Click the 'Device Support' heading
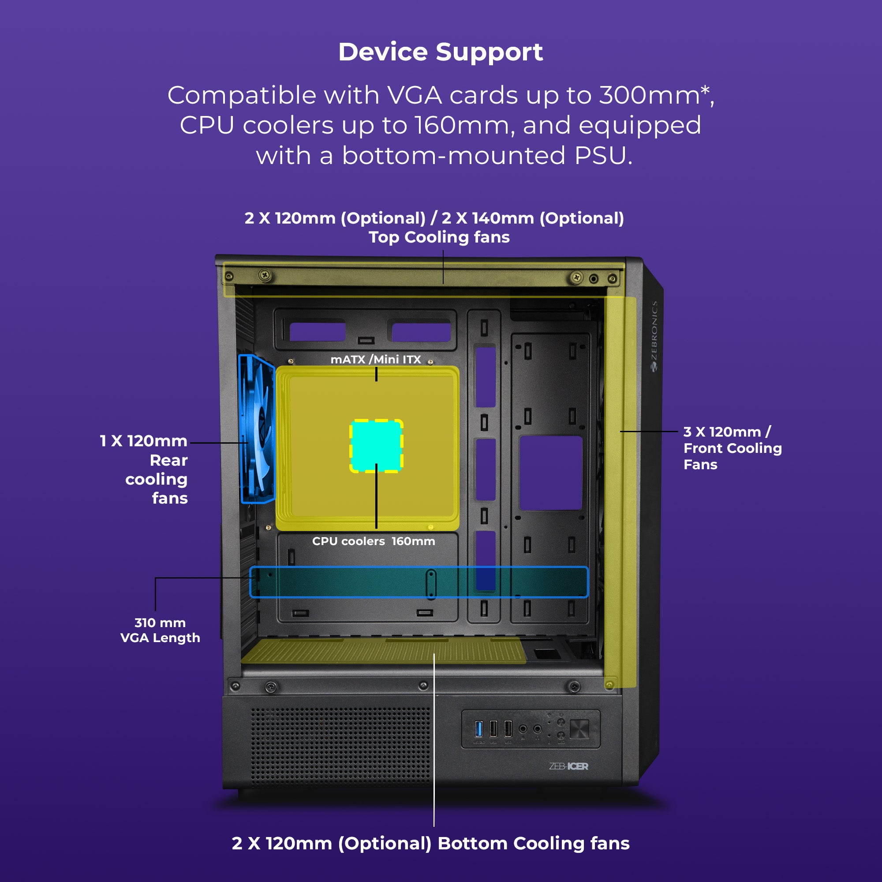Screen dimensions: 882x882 click(x=441, y=52)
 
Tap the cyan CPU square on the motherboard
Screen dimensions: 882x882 click(x=376, y=445)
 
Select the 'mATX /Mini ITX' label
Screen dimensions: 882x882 click(x=376, y=359)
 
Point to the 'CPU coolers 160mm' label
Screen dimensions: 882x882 click(x=374, y=541)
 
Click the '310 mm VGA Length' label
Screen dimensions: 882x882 click(x=160, y=630)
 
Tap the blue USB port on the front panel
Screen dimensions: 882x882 click(x=478, y=729)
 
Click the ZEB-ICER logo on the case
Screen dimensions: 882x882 click(x=568, y=766)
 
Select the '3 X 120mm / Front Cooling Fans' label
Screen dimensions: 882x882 click(x=732, y=448)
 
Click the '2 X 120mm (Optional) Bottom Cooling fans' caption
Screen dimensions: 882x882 click(x=430, y=843)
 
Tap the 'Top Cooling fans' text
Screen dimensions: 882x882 click(x=439, y=237)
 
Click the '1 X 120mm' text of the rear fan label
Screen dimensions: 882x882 click(x=143, y=441)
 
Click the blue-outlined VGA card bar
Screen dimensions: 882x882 click(x=419, y=582)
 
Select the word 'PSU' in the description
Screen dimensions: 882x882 click(x=603, y=156)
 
